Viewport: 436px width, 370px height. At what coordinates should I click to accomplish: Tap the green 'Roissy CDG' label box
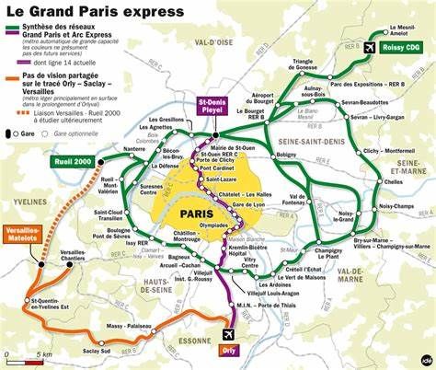(x=400, y=47)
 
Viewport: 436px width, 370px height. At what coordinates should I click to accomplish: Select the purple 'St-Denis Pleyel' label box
(x=213, y=108)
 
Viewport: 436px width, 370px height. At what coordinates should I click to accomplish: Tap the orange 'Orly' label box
(x=228, y=350)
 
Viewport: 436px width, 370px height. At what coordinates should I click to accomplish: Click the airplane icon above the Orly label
(x=228, y=333)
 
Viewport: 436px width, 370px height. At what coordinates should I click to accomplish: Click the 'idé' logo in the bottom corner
(x=426, y=359)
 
